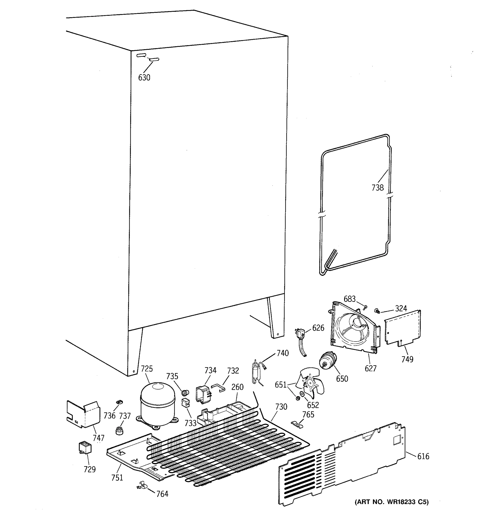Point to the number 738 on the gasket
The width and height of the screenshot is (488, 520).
coord(378,188)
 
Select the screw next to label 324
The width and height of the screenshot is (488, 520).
coord(377,311)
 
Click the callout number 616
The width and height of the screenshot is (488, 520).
coord(423,457)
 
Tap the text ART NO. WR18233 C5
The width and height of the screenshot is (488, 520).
coord(392,502)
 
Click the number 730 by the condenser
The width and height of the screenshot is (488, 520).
coord(281,407)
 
